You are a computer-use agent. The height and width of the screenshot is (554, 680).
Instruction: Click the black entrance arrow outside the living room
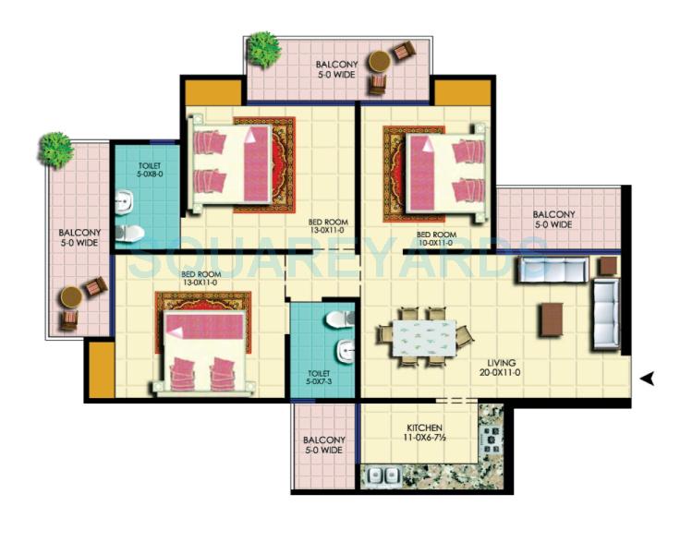(649, 377)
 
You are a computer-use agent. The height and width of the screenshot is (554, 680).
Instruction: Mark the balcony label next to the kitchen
(323, 445)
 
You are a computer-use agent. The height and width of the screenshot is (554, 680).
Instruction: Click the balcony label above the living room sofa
(553, 219)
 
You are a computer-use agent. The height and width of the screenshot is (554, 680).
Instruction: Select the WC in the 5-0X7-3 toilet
(340, 319)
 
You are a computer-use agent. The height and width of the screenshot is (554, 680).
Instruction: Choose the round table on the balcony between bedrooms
(379, 63)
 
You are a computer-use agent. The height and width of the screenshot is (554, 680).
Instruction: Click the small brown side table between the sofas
(607, 267)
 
